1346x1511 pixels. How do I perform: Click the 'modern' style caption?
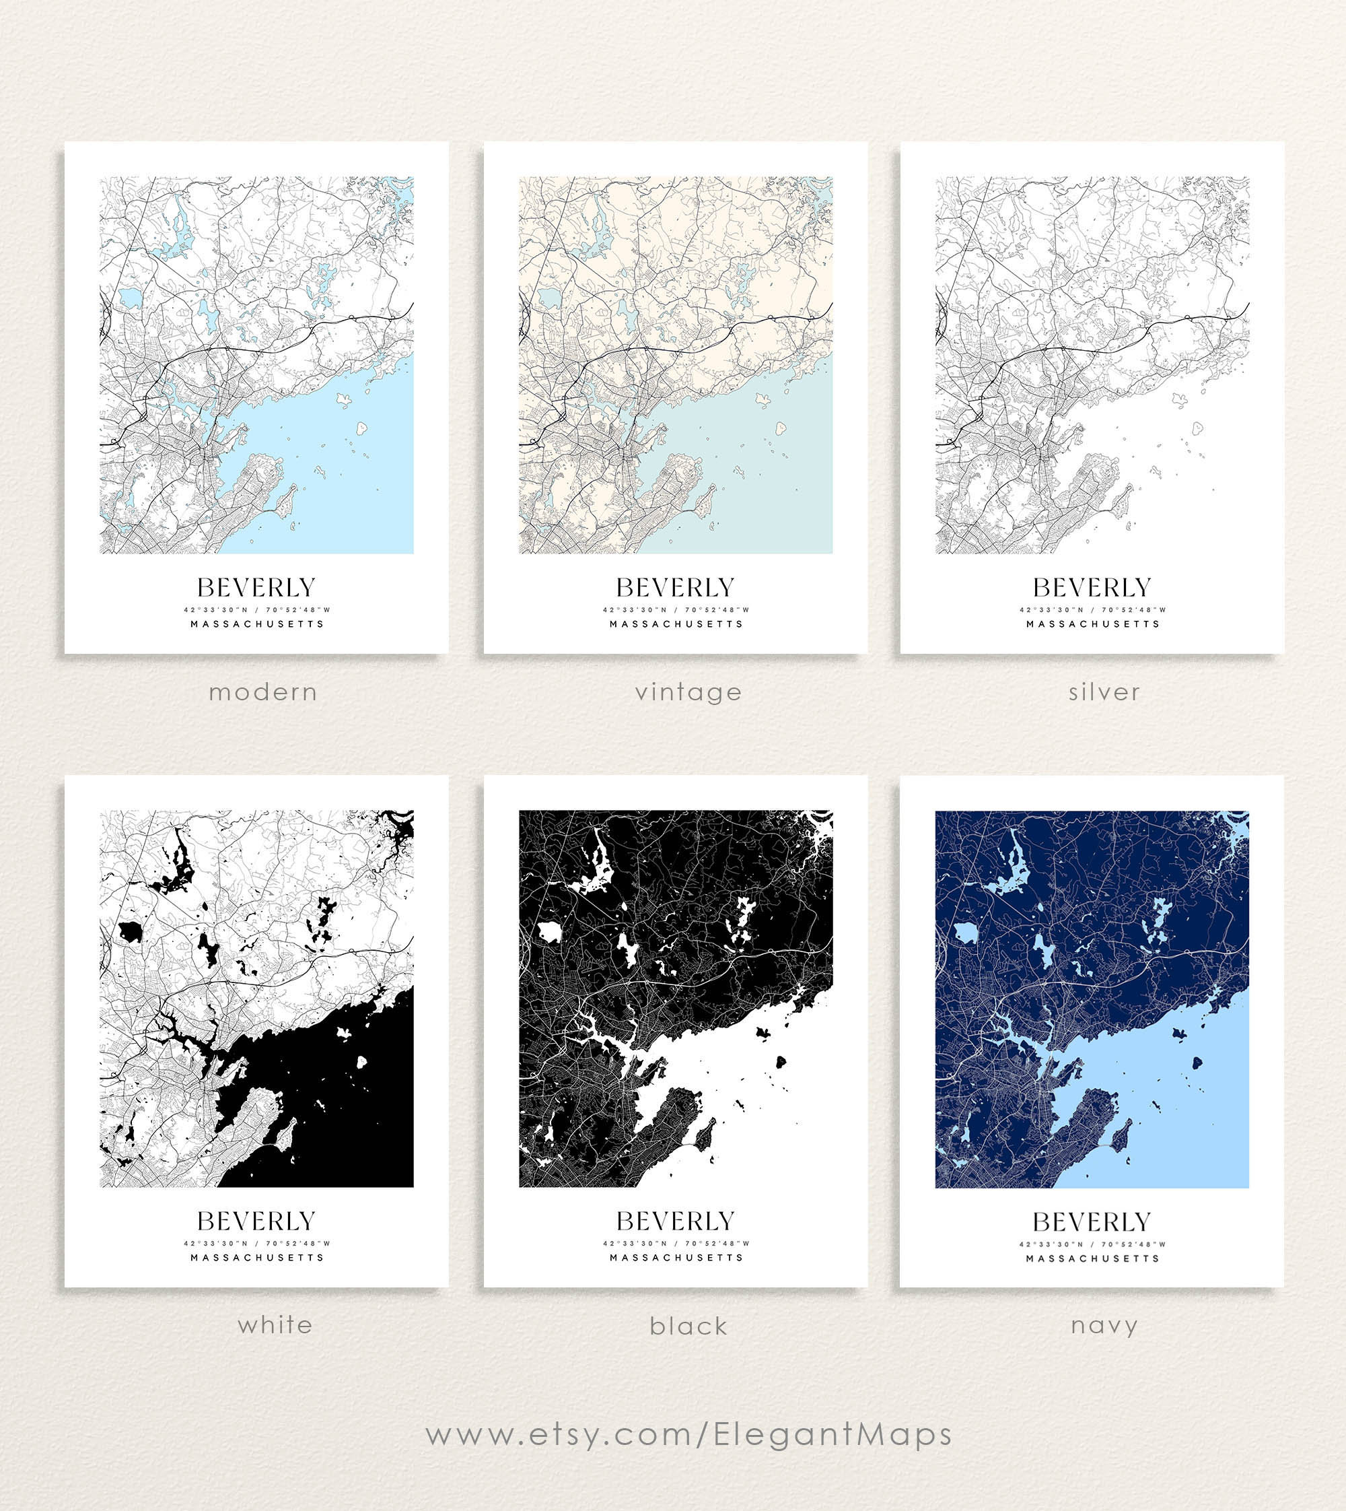tap(262, 693)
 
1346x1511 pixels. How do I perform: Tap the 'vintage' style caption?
tap(688, 693)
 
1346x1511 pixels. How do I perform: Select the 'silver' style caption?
tap(1104, 693)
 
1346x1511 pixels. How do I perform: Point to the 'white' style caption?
tap(275, 1324)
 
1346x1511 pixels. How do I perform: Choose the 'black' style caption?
tap(688, 1326)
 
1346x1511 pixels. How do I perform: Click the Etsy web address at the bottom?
tap(688, 1435)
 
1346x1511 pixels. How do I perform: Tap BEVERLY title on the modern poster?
tap(256, 588)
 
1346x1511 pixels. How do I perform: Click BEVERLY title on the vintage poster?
tap(675, 588)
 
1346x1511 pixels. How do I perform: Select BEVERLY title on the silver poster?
tap(1092, 588)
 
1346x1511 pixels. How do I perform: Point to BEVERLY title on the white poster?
tap(256, 1221)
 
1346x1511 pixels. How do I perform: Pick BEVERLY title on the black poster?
tap(675, 1221)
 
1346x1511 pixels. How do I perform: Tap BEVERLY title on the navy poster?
tap(1092, 1221)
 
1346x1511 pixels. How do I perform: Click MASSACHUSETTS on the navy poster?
tap(1092, 1258)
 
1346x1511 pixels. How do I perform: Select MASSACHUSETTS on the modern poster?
tap(257, 624)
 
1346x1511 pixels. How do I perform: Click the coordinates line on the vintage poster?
tap(676, 611)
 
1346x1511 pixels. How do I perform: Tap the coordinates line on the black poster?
tap(676, 1244)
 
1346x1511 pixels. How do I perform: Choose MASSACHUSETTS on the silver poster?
tap(1093, 624)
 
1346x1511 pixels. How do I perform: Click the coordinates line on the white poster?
tap(257, 1244)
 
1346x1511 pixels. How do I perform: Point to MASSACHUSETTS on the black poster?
tap(676, 1258)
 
